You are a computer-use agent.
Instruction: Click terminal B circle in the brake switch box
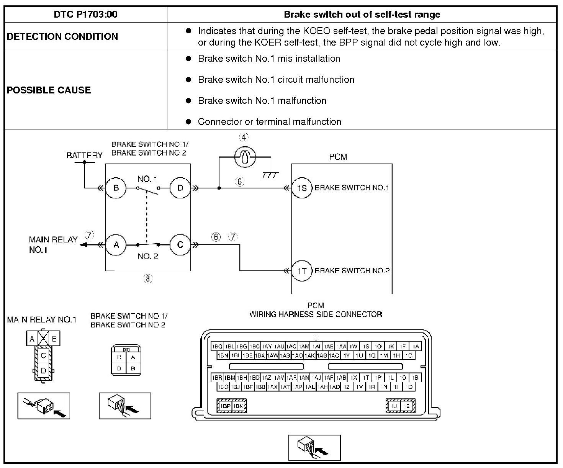[x=116, y=188]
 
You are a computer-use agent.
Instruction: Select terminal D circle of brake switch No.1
[x=180, y=188]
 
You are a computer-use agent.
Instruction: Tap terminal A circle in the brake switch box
[x=116, y=245]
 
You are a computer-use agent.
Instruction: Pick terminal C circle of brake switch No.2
[x=180, y=245]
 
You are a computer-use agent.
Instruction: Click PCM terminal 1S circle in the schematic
[x=302, y=188]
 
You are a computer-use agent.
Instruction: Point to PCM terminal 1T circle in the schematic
[x=302, y=271]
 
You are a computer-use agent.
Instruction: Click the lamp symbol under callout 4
[x=244, y=157]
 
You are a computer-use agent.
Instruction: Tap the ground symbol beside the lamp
[x=270, y=175]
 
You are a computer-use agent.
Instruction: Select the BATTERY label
[x=84, y=155]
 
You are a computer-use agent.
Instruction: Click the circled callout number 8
[x=148, y=279]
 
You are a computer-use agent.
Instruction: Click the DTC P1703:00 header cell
[x=85, y=15]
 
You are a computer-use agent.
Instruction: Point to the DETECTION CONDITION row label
[x=62, y=36]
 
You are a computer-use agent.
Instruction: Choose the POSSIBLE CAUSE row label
[x=49, y=90]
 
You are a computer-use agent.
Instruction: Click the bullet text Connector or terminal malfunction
[x=269, y=122]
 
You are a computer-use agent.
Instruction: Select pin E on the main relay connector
[x=54, y=339]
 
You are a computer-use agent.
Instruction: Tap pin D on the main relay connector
[x=43, y=371]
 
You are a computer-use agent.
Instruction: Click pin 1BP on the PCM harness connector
[x=225, y=406]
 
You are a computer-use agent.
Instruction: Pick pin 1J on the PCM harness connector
[x=394, y=406]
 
